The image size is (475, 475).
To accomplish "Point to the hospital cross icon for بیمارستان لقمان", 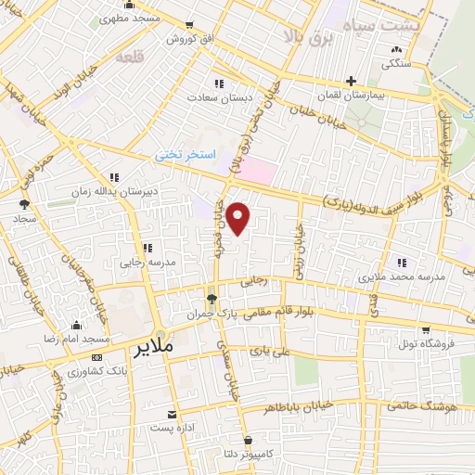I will (x=350, y=82).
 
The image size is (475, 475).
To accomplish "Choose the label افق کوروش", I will (x=188, y=40).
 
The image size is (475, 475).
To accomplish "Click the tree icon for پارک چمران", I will (x=212, y=299).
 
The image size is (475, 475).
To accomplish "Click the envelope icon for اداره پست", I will (x=171, y=414).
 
